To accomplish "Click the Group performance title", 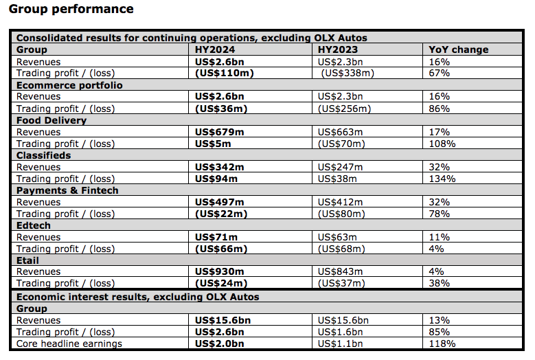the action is click(x=71, y=9).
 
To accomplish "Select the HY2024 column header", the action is click(x=215, y=50).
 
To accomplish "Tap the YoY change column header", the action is click(x=459, y=50).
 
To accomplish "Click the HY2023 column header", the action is click(x=338, y=50).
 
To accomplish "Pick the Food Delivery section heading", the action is click(x=52, y=120).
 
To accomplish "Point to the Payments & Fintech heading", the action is click(x=67, y=190).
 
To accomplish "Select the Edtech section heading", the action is click(x=34, y=225).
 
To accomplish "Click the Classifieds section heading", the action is click(x=44, y=155).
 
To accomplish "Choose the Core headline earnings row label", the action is click(x=69, y=344).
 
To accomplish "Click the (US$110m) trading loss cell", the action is click(x=225, y=73).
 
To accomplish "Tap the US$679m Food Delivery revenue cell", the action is click(x=219, y=132).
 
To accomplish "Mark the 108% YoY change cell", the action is click(x=442, y=144).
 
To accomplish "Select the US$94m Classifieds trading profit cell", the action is click(x=216, y=179).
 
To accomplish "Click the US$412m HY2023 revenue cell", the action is click(x=340, y=203).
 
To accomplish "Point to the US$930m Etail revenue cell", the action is click(x=219, y=271).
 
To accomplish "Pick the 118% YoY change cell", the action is click(x=442, y=344).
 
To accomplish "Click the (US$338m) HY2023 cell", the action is click(x=348, y=73).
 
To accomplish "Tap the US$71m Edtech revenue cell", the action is click(x=216, y=237).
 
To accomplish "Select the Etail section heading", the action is click(x=27, y=260).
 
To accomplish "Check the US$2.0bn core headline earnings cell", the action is click(x=219, y=344).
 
